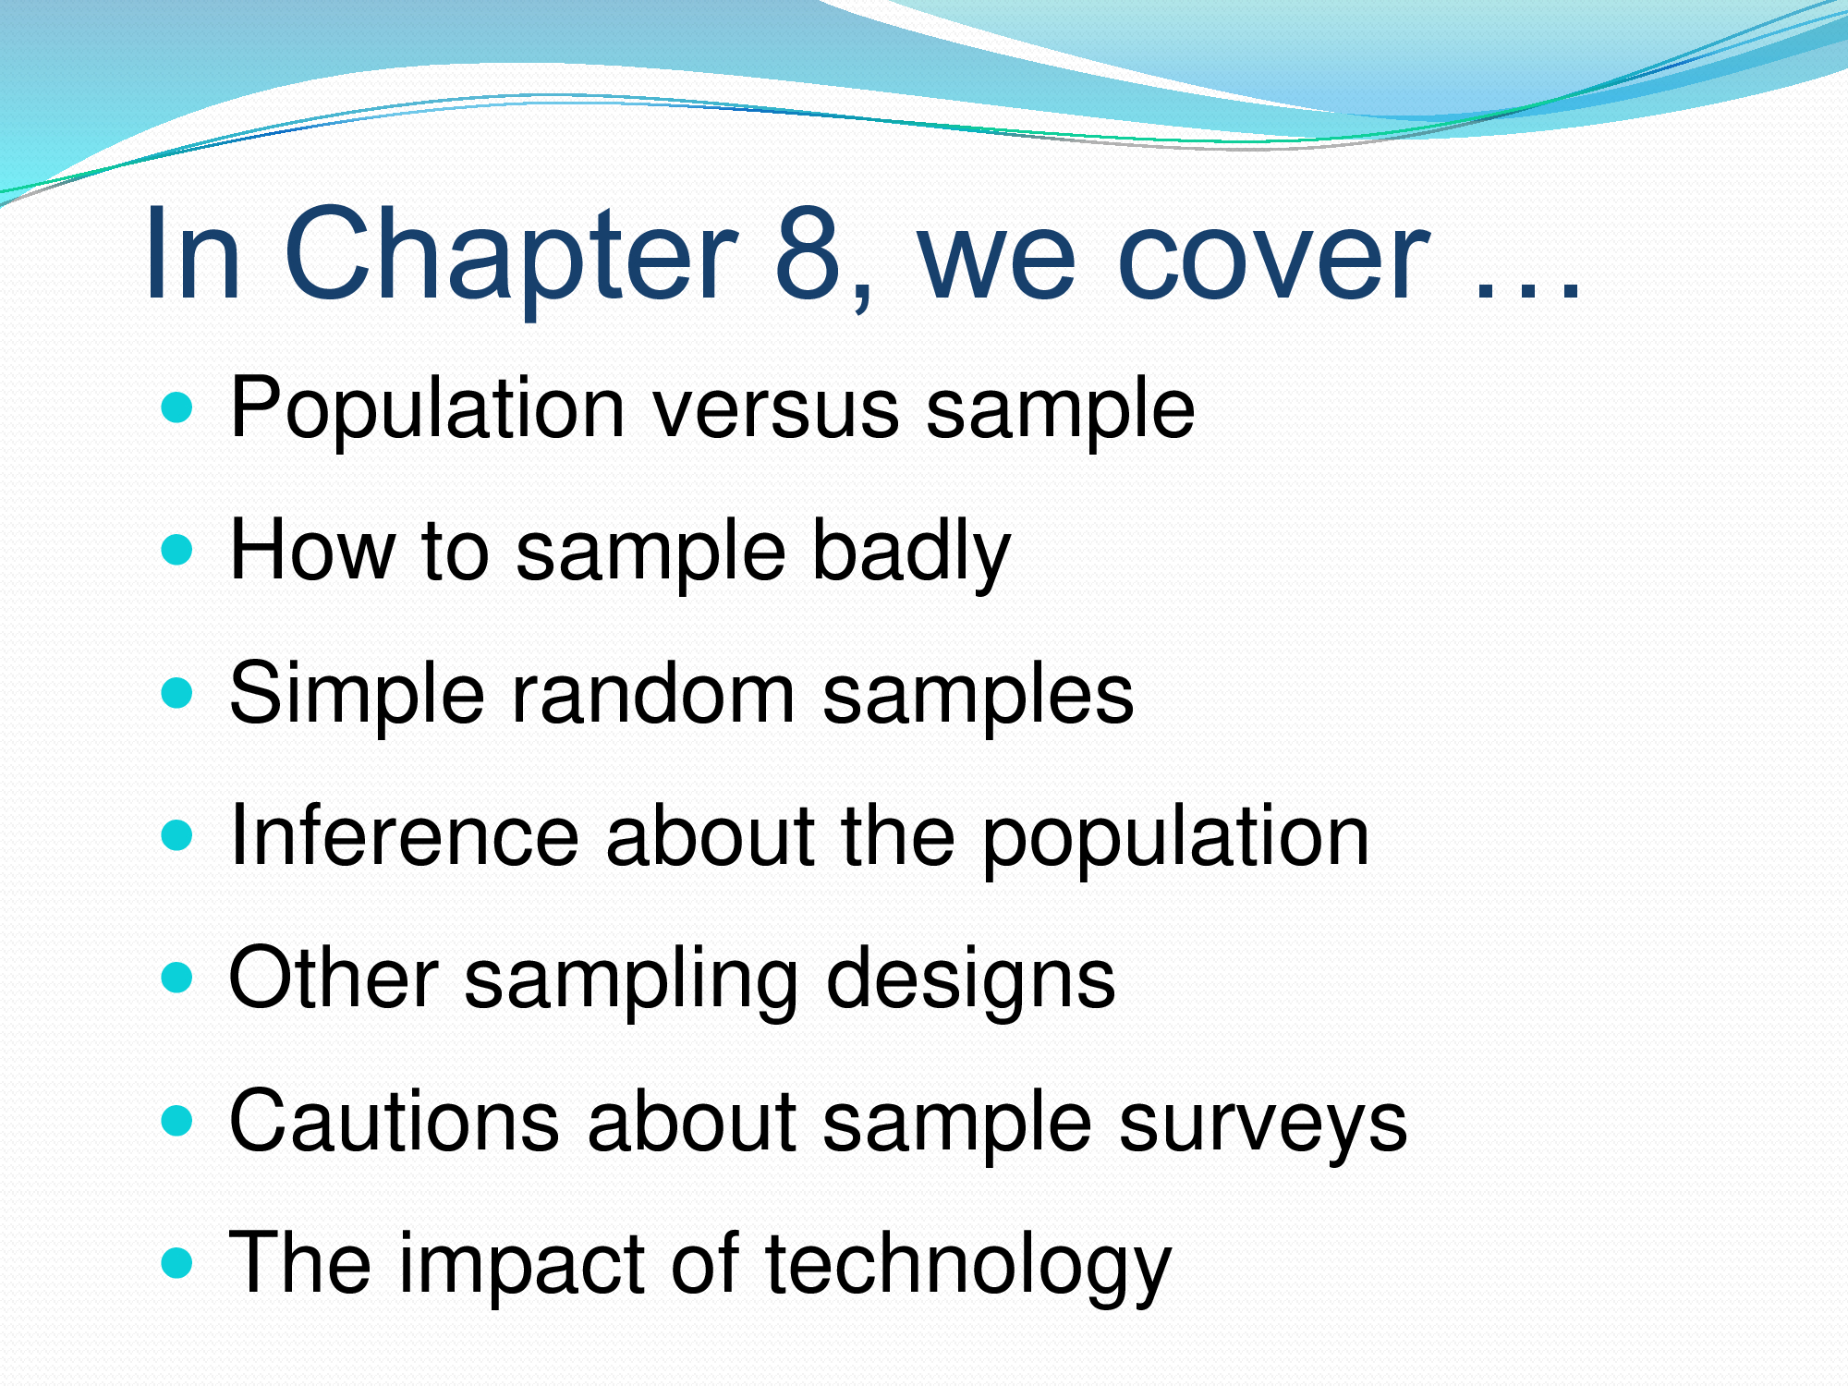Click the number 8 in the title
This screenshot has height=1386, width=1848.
coord(808,254)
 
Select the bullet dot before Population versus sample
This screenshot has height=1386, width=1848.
coord(176,407)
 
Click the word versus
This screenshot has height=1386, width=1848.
coord(775,411)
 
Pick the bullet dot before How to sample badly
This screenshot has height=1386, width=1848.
coord(176,551)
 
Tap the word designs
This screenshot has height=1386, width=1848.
coord(970,981)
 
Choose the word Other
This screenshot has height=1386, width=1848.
coord(334,979)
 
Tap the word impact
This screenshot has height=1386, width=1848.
coord(521,1266)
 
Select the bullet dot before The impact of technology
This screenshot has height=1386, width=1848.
coord(176,1263)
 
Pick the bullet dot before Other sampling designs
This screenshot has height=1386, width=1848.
coord(176,978)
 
